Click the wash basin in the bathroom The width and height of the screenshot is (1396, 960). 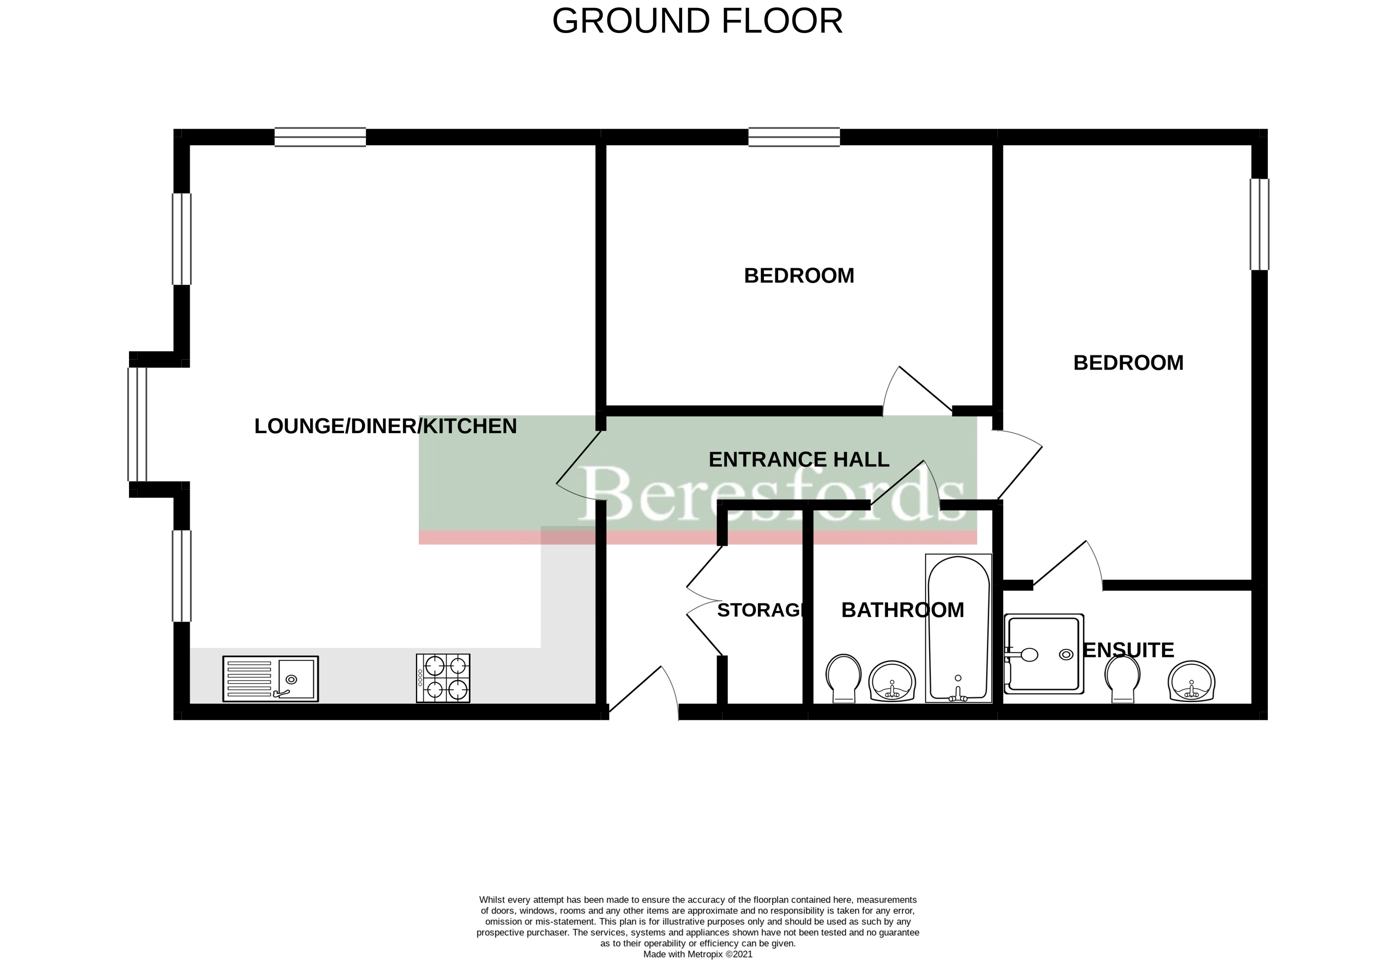point(892,681)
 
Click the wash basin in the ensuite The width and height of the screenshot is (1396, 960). point(1191,681)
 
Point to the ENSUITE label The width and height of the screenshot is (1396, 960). point(1129,650)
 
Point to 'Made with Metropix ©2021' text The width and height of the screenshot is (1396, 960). point(698,954)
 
